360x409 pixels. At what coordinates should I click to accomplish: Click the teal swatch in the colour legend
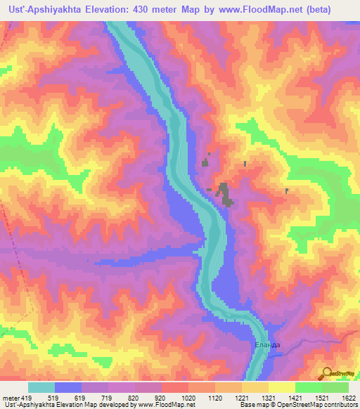41,387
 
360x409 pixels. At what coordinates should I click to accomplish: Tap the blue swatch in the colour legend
68,387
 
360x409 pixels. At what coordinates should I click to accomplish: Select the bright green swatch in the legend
309,387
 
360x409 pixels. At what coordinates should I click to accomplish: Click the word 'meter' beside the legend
10,397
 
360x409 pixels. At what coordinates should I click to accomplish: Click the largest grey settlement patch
225,194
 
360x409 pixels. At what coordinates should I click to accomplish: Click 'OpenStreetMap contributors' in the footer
317,405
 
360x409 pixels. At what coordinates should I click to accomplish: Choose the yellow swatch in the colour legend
282,387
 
